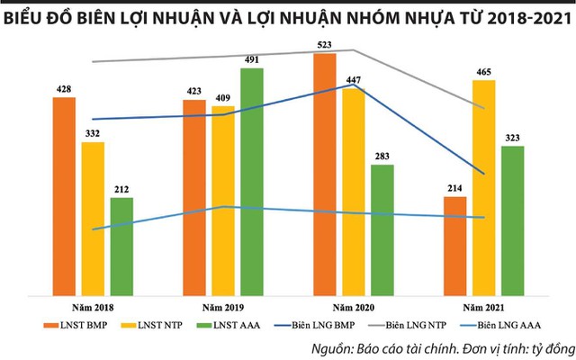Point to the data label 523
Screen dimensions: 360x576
[325, 43]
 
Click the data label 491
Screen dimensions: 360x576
[251, 59]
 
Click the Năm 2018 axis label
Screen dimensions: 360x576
[91, 307]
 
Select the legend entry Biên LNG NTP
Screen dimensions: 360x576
[409, 325]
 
